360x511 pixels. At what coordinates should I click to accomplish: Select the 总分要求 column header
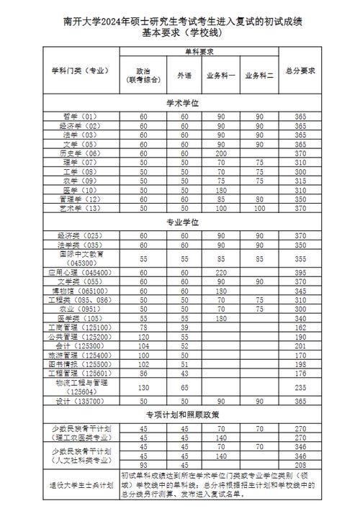pos(302,71)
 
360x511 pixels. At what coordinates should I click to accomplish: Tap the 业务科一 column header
pos(221,75)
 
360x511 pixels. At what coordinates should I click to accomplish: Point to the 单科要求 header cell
pos(199,52)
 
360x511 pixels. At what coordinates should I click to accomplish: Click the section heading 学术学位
pos(181,103)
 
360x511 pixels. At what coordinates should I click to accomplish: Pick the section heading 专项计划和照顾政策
pos(181,415)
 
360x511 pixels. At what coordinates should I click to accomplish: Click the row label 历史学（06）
pos(80,153)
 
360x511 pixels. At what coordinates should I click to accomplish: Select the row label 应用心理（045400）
pos(80,273)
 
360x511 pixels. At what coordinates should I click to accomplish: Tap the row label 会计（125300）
pos(80,345)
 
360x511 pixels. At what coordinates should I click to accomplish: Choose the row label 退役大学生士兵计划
pos(80,484)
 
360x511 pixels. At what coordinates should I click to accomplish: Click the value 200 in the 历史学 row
pos(221,153)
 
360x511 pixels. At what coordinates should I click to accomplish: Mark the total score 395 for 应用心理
pos(302,273)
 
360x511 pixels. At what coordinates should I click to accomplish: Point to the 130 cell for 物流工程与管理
pos(143,386)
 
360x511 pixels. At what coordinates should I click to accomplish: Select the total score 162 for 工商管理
pos(302,327)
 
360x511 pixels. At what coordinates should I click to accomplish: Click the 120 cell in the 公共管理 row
pos(143,336)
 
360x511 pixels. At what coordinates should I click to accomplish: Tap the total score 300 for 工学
pos(302,172)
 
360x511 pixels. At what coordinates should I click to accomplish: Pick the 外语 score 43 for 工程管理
pos(184,373)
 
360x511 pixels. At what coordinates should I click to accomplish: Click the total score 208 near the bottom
pos(302,466)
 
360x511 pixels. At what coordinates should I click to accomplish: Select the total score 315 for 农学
pos(302,181)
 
